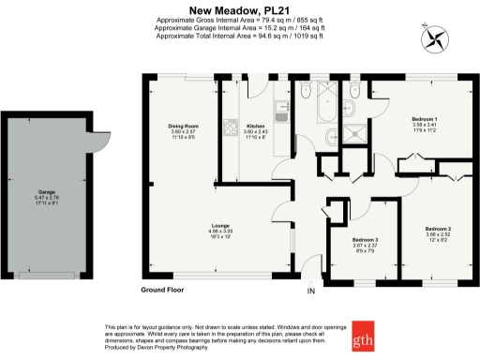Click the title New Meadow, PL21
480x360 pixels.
[239, 11]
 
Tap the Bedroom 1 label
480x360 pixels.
[425, 119]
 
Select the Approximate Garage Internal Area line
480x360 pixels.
[239, 29]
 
